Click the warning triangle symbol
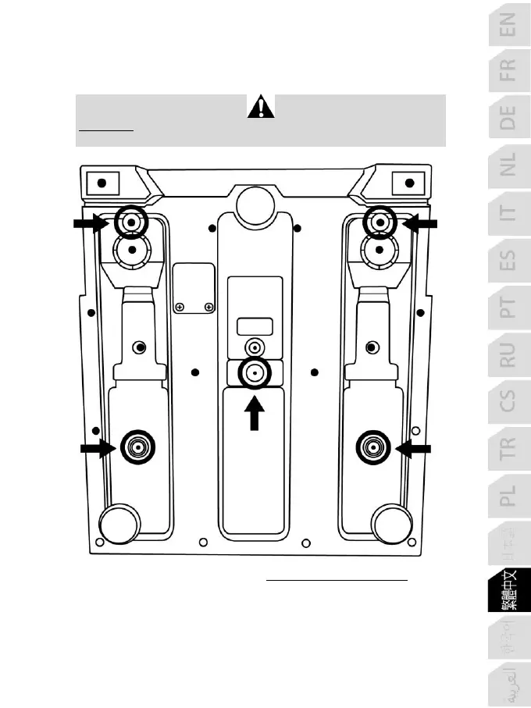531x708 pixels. tap(261, 106)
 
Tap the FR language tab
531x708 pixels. tap(508, 69)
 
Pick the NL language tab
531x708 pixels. tap(508, 165)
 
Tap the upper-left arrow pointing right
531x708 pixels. tap(90, 224)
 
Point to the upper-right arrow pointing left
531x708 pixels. tap(422, 224)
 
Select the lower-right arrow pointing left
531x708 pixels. tap(414, 447)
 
